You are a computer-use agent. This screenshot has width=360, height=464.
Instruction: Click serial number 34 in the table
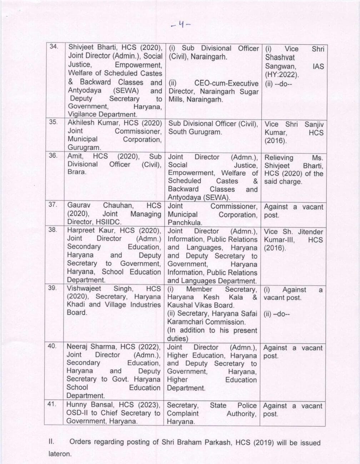54,47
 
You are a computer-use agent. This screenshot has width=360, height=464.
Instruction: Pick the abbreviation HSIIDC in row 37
109,222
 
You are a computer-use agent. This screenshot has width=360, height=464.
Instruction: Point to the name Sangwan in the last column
280,66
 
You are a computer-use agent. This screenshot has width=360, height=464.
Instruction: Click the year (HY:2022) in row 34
282,75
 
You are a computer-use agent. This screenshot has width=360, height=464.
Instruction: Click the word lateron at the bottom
60,454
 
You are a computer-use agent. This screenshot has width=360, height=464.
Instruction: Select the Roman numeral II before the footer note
51,442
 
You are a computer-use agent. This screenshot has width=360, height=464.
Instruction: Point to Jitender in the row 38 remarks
310,232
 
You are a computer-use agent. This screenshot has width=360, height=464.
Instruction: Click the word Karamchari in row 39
186,322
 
